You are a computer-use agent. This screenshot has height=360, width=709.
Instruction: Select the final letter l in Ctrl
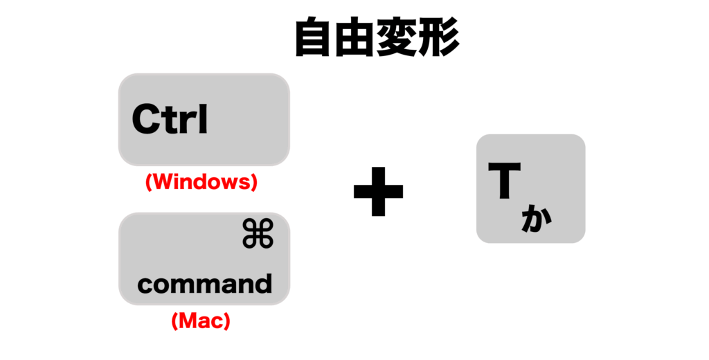pyautogui.click(x=203, y=119)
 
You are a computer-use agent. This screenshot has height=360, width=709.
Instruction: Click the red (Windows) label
pyautogui.click(x=201, y=182)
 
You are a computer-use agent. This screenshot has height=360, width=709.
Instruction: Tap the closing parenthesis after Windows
pyautogui.click(x=253, y=182)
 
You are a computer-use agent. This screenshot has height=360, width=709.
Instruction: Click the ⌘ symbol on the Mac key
pyautogui.click(x=258, y=233)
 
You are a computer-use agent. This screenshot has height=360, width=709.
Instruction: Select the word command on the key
pyautogui.click(x=205, y=284)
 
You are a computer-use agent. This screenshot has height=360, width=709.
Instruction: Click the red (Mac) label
pyautogui.click(x=201, y=321)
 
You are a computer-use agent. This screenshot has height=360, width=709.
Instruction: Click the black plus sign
pyautogui.click(x=378, y=191)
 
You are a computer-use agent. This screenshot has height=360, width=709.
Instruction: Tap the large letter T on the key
pyautogui.click(x=504, y=180)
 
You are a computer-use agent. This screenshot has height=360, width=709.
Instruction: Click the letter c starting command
pyautogui.click(x=145, y=285)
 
